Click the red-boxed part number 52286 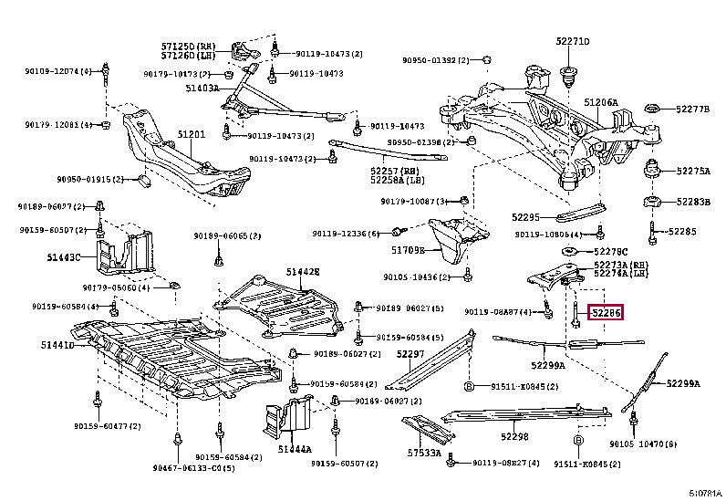coord(606,314)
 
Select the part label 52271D coord(573,41)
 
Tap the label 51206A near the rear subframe coord(600,102)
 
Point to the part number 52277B coord(692,109)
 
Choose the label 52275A coord(692,171)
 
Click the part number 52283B coord(692,202)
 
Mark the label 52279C coord(610,251)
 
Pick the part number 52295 coord(525,217)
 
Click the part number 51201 coord(192,134)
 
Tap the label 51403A coord(202,89)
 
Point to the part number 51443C coord(65,257)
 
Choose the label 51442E coord(302,271)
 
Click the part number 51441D coord(57,344)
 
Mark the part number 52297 coord(410,353)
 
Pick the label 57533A coord(424,453)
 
